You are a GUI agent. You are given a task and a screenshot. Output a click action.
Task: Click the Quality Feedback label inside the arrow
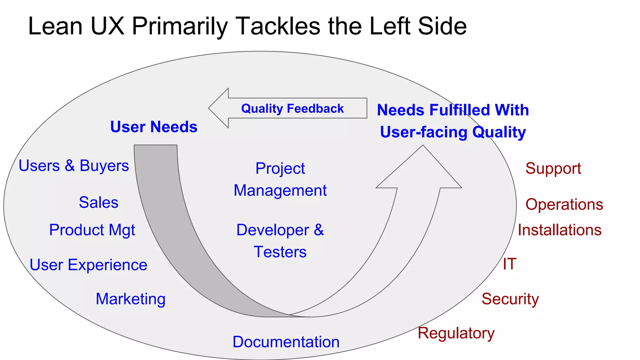point(292,108)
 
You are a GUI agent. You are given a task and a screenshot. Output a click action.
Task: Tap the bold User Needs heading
point(154,127)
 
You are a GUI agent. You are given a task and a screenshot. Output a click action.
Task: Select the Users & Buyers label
point(74,166)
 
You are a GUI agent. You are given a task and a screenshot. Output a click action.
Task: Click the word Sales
point(98,202)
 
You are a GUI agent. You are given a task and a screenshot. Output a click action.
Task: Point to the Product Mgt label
point(92,230)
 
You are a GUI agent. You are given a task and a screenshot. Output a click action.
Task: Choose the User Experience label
point(88,265)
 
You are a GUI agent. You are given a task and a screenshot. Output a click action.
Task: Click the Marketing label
point(131,299)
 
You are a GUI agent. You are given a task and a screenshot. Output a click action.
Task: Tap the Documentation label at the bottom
point(286,342)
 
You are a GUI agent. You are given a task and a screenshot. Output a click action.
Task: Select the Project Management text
point(280,179)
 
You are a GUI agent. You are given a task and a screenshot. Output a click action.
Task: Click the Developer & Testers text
point(280,241)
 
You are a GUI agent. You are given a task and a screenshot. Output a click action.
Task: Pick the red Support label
point(553,168)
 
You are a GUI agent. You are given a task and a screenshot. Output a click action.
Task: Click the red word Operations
point(564,204)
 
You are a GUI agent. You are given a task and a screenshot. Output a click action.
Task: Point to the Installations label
point(559,230)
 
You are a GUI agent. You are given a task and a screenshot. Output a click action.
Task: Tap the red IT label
point(509,264)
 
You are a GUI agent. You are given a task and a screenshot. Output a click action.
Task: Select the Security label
point(510,299)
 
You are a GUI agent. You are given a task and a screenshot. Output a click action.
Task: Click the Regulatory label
point(456,333)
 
